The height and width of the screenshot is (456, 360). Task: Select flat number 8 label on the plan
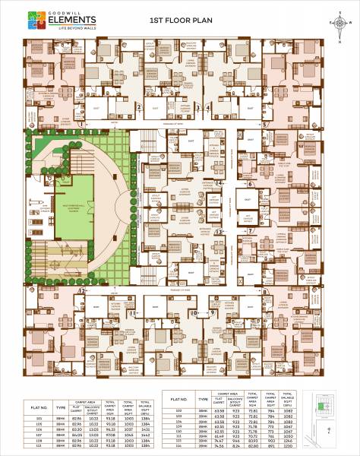pos(264,291)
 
